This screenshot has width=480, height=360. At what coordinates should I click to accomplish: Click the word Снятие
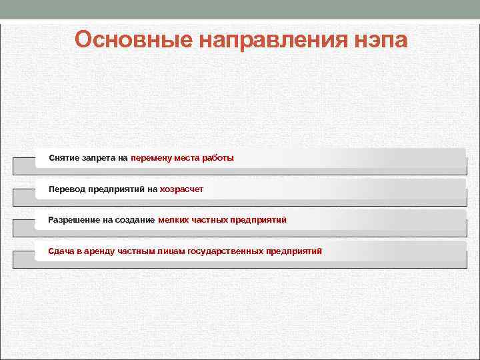(x=63, y=158)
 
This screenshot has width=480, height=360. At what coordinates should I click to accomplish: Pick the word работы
(x=219, y=158)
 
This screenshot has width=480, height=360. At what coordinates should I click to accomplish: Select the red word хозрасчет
(x=181, y=189)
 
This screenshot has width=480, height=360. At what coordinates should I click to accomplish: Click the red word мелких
(x=174, y=220)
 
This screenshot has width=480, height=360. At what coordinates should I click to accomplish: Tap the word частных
(x=209, y=220)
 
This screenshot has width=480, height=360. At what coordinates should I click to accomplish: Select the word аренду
(x=100, y=251)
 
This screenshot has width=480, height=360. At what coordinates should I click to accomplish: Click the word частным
(x=137, y=251)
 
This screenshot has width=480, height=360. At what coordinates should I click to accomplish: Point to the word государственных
(x=225, y=251)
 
